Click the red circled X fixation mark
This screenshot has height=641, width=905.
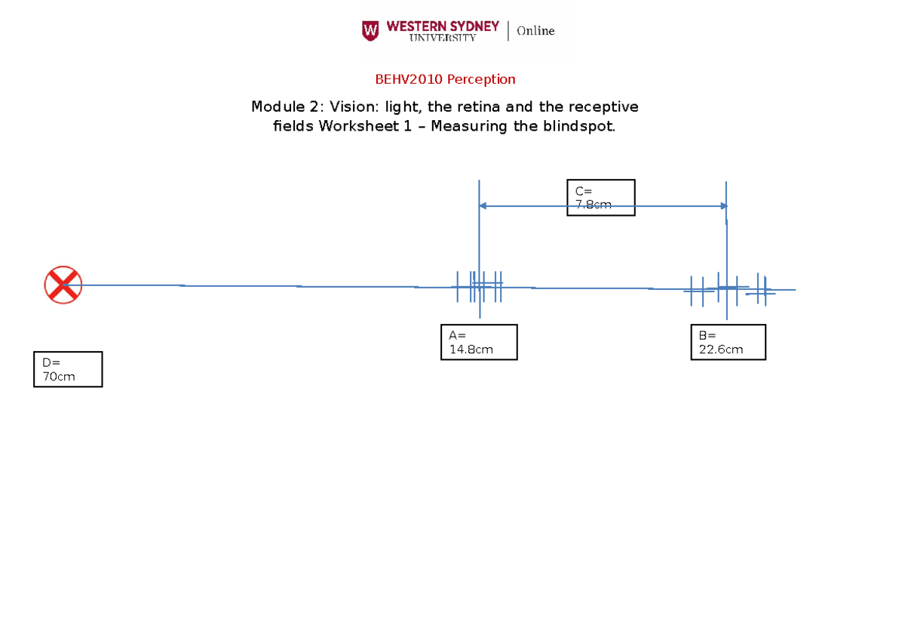pyautogui.click(x=63, y=285)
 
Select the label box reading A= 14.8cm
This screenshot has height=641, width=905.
pyautogui.click(x=479, y=342)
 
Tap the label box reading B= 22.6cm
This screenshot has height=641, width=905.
pyautogui.click(x=728, y=342)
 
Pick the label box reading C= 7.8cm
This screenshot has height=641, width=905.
pyautogui.click(x=600, y=197)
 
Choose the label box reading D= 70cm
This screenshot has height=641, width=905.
pyautogui.click(x=68, y=369)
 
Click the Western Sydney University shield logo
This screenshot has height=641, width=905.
pyautogui.click(x=370, y=30)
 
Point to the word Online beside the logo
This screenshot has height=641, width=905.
pyautogui.click(x=535, y=31)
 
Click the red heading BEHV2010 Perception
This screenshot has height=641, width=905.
pyautogui.click(x=445, y=79)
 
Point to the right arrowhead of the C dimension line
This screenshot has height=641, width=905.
pyautogui.click(x=723, y=205)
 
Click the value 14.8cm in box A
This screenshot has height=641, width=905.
pyautogui.click(x=471, y=350)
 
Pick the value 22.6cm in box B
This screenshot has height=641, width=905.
pyautogui.click(x=721, y=350)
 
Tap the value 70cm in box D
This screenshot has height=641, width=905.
pyautogui.click(x=59, y=377)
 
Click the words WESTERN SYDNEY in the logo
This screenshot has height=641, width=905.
pyautogui.click(x=443, y=26)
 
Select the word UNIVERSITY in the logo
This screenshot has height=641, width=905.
pyautogui.click(x=443, y=38)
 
